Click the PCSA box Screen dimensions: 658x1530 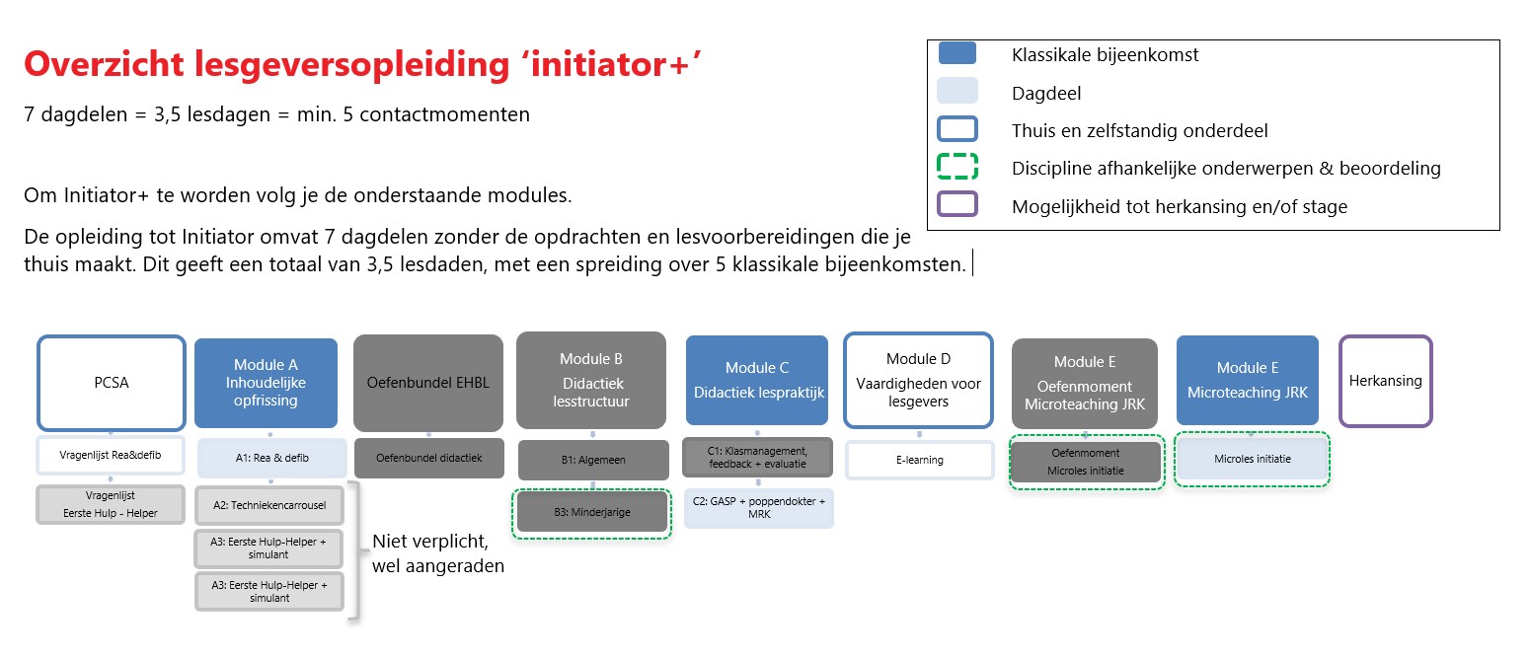(x=111, y=383)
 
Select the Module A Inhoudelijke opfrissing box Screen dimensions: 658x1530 (x=266, y=383)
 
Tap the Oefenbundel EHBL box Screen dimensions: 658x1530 (x=427, y=383)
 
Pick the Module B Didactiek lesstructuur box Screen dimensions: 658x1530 (x=591, y=380)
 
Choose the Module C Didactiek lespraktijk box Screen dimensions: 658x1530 (x=756, y=380)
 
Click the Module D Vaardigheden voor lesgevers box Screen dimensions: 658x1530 (x=918, y=380)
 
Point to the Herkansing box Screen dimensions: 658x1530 (x=1385, y=380)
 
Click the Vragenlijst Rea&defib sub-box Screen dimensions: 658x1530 (x=111, y=455)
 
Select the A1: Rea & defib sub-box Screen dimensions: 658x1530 (x=271, y=458)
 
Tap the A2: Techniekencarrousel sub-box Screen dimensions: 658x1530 (x=269, y=504)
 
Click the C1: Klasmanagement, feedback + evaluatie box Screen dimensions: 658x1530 (x=757, y=457)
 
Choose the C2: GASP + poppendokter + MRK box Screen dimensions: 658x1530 (x=757, y=508)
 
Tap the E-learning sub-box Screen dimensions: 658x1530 (x=919, y=460)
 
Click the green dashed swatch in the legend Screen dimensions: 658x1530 (x=956, y=167)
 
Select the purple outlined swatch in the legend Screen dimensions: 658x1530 (x=956, y=205)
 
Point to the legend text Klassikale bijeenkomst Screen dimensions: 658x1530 (x=1105, y=55)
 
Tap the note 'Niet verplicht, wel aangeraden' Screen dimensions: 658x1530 (x=437, y=553)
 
